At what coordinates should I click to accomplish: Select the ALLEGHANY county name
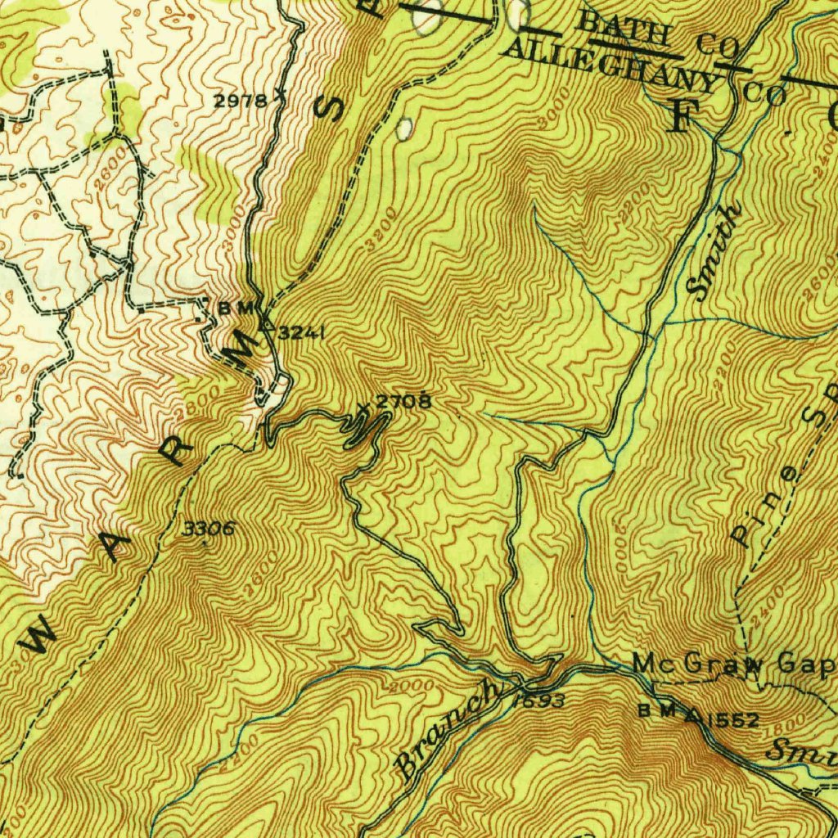click(x=610, y=65)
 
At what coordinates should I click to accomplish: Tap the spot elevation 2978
click(x=240, y=101)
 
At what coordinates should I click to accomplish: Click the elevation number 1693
click(x=538, y=701)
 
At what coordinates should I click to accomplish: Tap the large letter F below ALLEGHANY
click(x=680, y=118)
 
